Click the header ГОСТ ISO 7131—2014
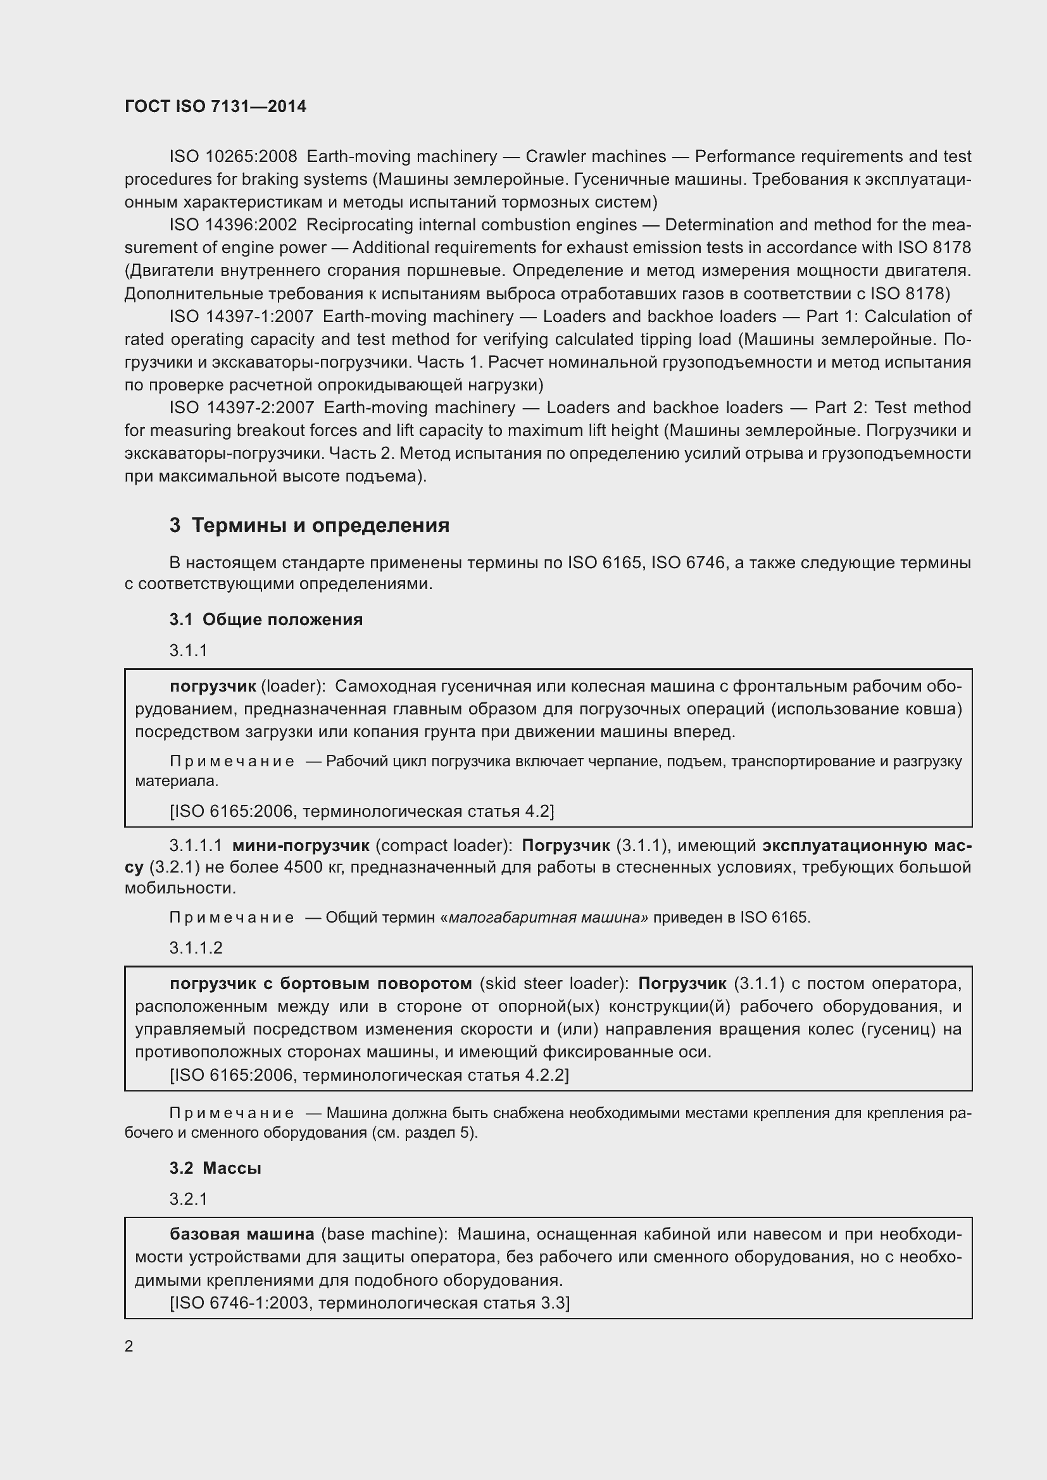[215, 107]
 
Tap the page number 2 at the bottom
[129, 1346]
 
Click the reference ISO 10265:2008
[233, 157]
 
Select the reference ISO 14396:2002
[233, 225]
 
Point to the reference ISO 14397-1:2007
[241, 316]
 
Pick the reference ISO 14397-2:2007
[242, 407]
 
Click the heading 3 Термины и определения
[310, 525]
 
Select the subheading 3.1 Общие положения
[266, 619]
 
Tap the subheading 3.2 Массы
[215, 1168]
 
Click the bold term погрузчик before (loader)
[213, 687]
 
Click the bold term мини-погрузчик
[301, 845]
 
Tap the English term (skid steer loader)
[555, 984]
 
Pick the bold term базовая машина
[242, 1234]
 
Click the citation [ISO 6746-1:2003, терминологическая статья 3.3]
[370, 1303]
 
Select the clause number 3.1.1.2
[196, 948]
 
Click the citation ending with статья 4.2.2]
[369, 1075]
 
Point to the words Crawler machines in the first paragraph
[596, 157]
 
